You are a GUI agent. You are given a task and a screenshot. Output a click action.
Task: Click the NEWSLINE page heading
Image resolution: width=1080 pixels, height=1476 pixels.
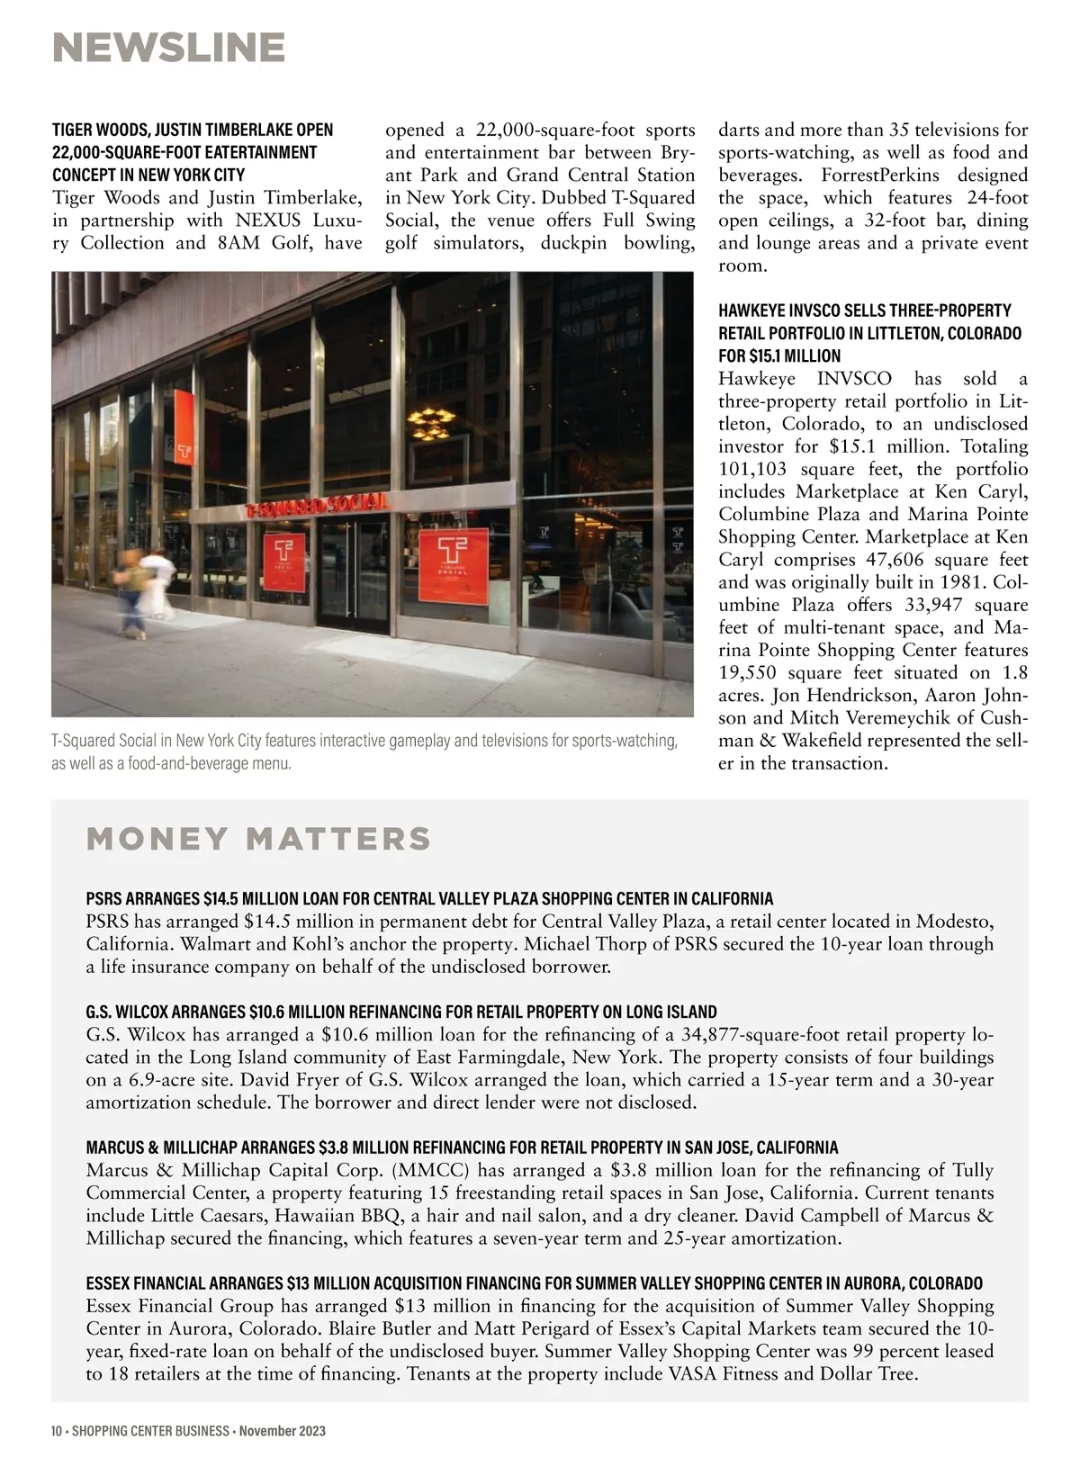click(168, 48)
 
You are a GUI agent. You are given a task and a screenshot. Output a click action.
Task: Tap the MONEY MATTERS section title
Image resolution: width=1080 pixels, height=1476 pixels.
click(258, 839)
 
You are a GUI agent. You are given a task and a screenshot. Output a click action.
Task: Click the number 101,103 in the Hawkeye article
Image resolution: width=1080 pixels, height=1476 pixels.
click(751, 470)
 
